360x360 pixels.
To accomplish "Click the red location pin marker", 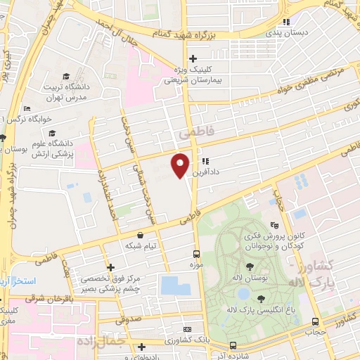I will coord(181,165).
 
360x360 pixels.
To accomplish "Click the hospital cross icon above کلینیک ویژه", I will coord(193,58).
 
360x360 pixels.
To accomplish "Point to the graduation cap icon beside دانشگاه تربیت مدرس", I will coord(65,76).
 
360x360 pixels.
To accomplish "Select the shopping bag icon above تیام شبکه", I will coord(141,235).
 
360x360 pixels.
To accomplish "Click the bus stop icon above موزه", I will coord(197,254).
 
